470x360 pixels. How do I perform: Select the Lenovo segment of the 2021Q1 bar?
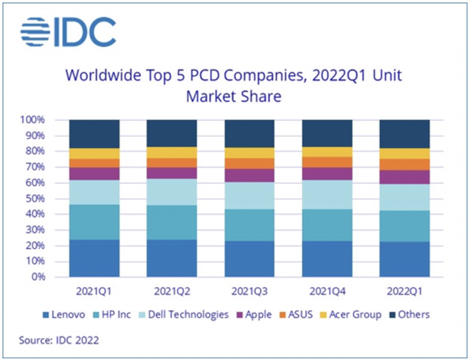[94, 258]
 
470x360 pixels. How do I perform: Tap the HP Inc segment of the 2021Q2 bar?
[172, 222]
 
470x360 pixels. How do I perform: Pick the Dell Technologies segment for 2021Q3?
[249, 196]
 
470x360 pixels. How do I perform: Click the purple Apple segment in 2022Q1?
[404, 177]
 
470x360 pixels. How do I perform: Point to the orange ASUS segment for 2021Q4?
[327, 162]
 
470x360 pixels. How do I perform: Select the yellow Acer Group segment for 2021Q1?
[94, 154]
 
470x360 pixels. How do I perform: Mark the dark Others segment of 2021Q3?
[249, 134]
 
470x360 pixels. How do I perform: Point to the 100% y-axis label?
[31, 120]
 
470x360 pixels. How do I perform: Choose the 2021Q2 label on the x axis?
[172, 292]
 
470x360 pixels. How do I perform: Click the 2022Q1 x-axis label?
[404, 292]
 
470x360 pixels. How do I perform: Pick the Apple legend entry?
[254, 315]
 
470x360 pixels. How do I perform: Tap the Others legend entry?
[409, 315]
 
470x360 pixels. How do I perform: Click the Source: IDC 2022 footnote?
[59, 341]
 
